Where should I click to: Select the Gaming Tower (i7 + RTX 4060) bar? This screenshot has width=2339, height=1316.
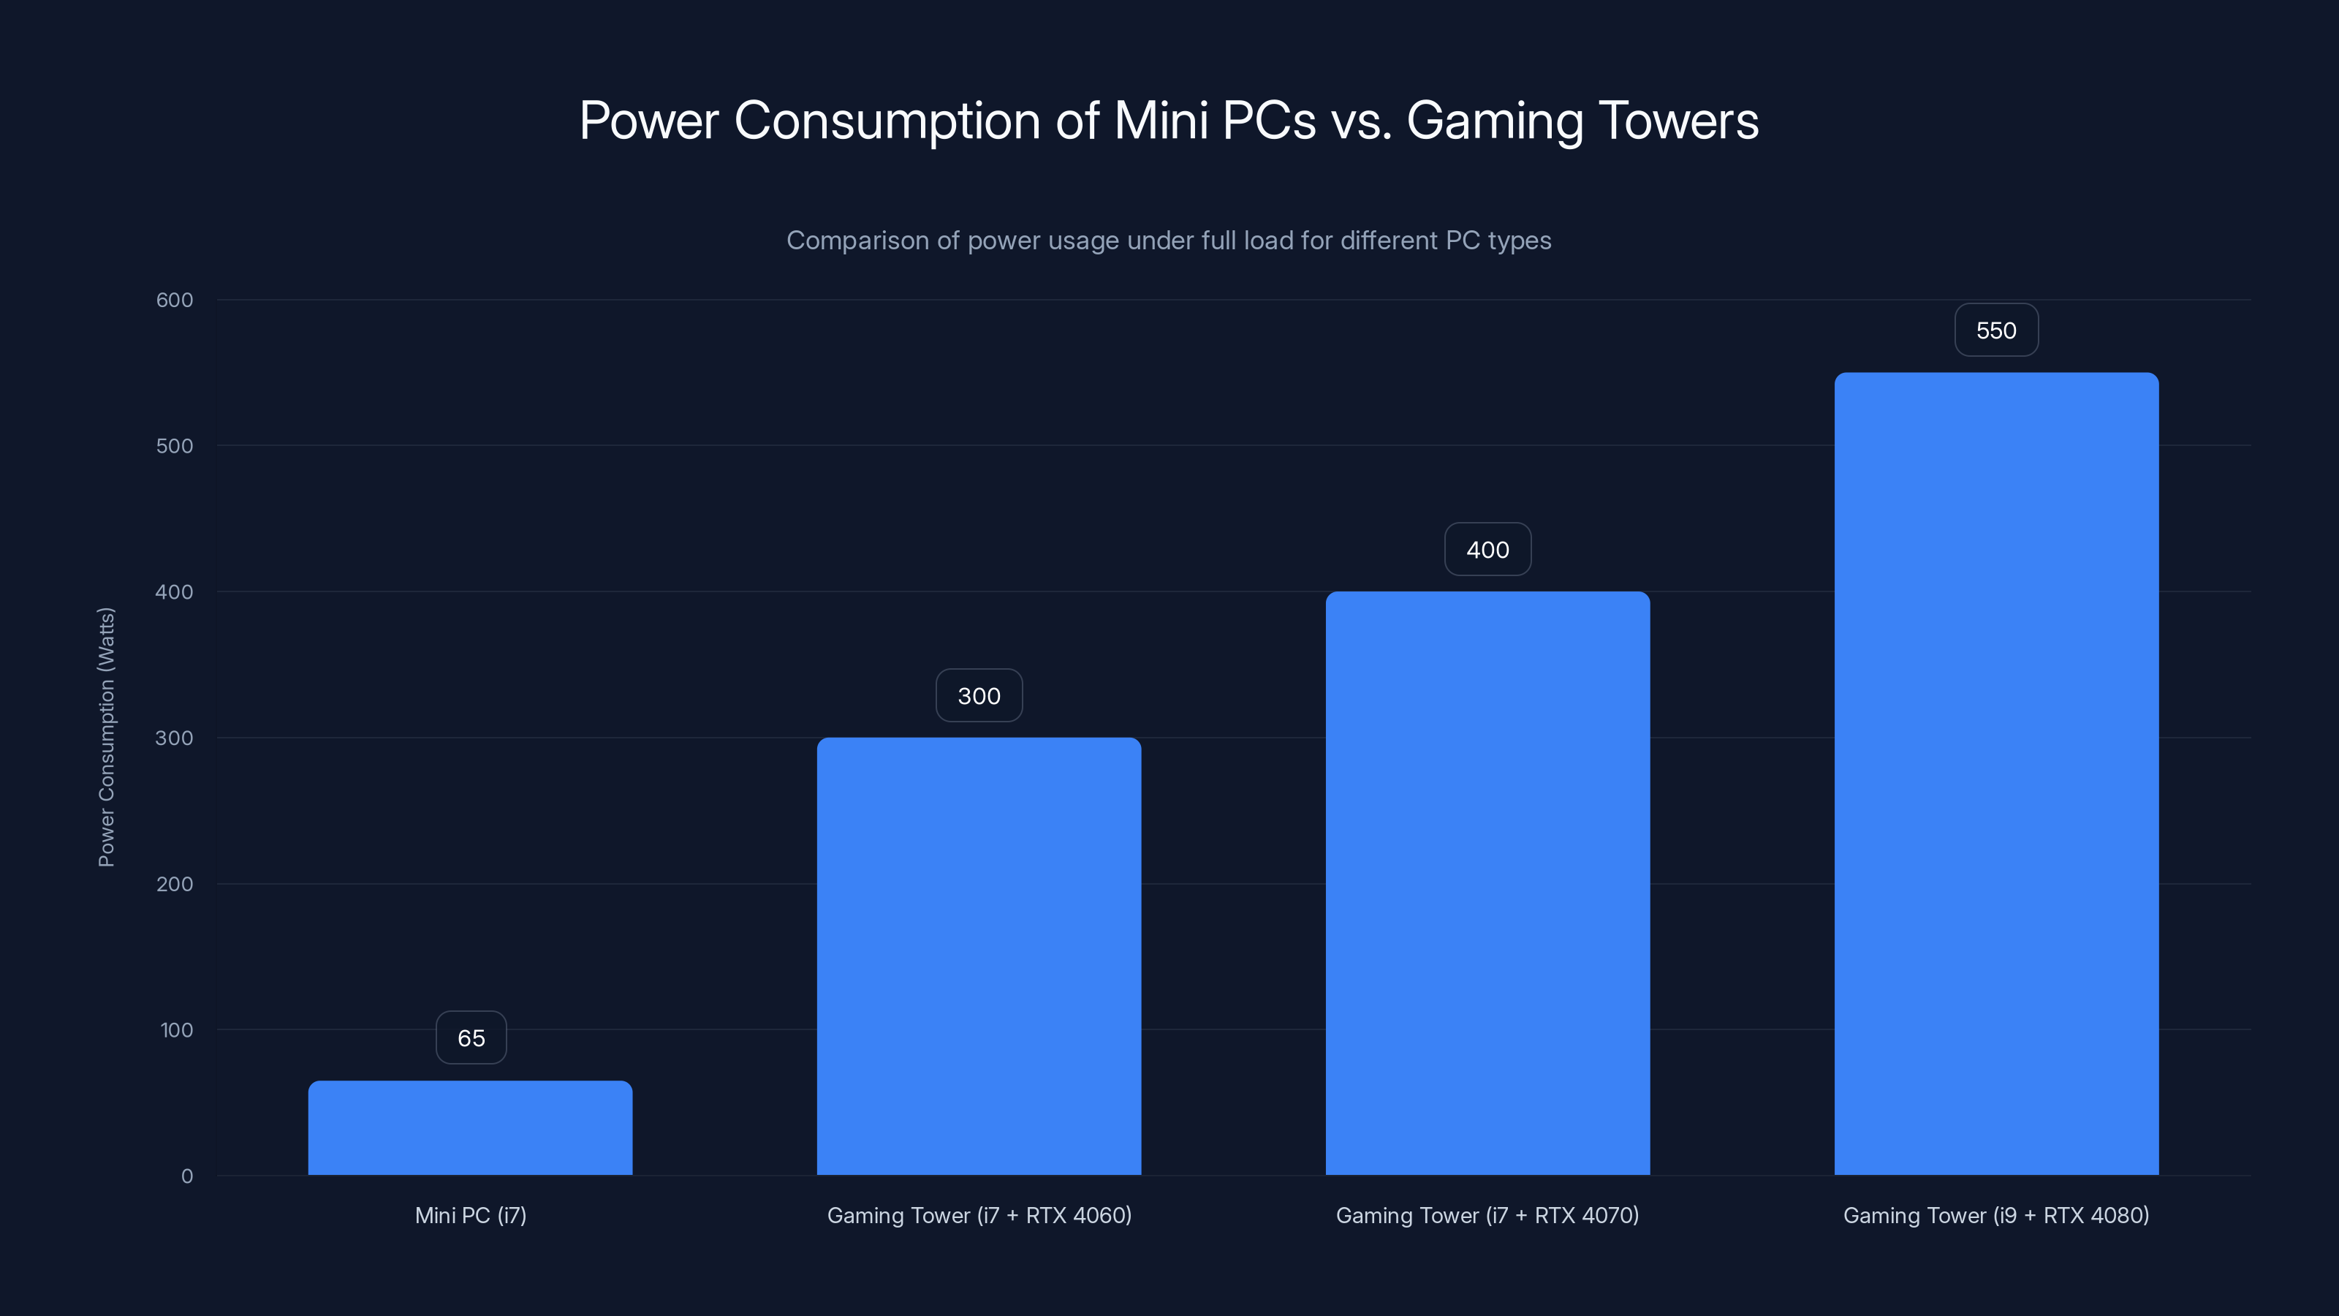point(979,956)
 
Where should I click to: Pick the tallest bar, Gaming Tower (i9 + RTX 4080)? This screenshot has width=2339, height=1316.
point(1995,773)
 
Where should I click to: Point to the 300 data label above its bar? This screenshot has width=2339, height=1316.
point(979,696)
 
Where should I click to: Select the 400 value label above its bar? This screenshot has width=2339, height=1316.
point(1487,550)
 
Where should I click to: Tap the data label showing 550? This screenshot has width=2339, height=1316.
point(1995,330)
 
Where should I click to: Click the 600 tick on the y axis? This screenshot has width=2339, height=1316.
point(175,300)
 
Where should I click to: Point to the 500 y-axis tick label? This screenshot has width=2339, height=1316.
point(175,446)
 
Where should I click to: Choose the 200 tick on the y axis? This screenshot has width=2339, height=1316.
point(175,884)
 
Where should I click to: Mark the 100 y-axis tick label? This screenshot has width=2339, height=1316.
point(176,1030)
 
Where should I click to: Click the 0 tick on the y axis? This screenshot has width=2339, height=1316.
point(187,1176)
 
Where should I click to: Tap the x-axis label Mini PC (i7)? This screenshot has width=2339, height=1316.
point(470,1215)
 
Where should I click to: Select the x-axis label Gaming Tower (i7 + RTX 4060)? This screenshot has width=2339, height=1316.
point(979,1215)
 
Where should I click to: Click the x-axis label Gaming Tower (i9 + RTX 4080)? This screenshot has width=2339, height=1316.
point(1995,1215)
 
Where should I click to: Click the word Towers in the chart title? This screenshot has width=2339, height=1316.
point(1678,121)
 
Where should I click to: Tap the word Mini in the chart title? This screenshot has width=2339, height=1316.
point(1161,121)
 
